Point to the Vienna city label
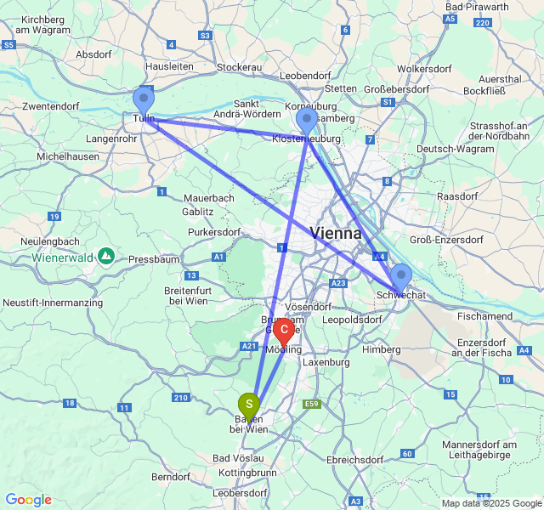(x=336, y=233)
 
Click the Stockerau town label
(x=243, y=66)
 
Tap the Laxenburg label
(x=326, y=362)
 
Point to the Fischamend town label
(x=484, y=315)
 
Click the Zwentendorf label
(x=51, y=107)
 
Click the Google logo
(x=28, y=500)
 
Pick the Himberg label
(x=381, y=349)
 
